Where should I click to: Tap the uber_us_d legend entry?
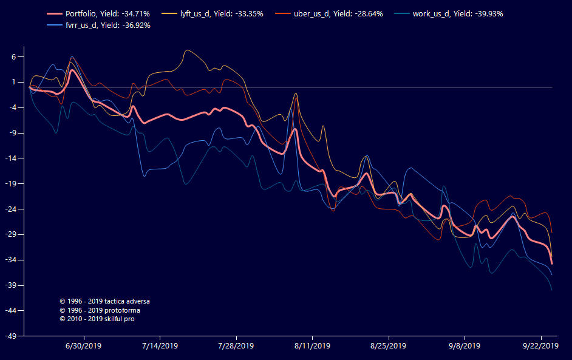tap(338, 14)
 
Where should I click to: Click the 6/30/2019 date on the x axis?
tap(84, 346)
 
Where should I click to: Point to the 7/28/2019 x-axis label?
tap(236, 346)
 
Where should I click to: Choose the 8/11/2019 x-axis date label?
tap(312, 346)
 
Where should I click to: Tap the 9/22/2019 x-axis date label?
tap(540, 346)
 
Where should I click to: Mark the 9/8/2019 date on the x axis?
tap(465, 346)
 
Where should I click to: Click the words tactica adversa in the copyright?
tap(127, 301)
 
